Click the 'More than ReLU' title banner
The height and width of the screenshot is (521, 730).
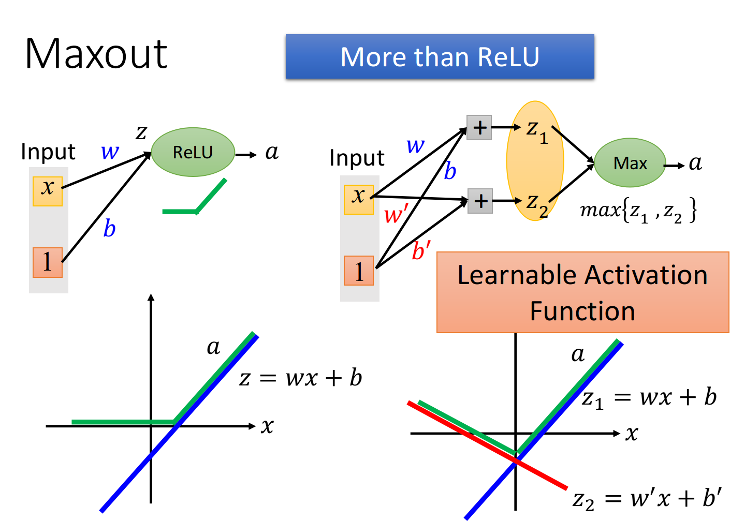[x=440, y=56]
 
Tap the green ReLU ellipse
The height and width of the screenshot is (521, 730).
[x=193, y=152]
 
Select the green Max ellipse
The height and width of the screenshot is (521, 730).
[x=630, y=163]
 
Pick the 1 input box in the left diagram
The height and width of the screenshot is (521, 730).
[x=48, y=262]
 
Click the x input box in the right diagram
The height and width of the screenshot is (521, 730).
[x=359, y=199]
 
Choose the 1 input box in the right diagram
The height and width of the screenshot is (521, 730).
[x=359, y=271]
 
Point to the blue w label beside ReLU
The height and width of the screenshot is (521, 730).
[x=110, y=152]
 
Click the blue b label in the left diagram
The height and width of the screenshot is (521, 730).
[x=109, y=228]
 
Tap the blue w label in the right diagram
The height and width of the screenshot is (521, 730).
[x=416, y=145]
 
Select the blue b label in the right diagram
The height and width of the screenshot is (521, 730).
[x=450, y=171]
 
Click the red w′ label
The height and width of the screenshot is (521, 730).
[x=396, y=214]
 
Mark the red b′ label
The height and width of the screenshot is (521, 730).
[x=421, y=251]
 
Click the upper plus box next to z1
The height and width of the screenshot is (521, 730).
[x=479, y=127]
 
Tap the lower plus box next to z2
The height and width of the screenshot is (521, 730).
[x=480, y=201]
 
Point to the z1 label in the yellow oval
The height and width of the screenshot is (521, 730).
[x=536, y=129]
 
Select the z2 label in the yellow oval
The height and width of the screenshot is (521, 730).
[x=536, y=203]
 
